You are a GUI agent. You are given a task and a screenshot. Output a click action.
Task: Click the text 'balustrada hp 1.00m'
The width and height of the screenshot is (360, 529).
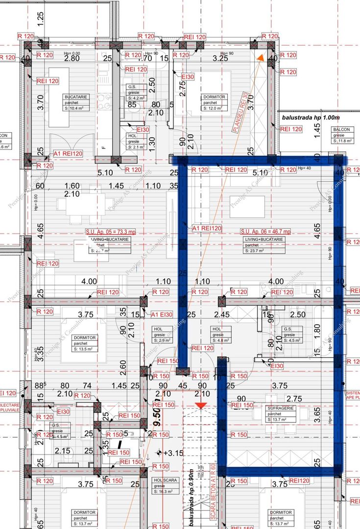(x=311, y=118)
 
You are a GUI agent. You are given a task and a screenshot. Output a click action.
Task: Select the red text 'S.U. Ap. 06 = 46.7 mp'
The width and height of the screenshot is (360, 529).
(x=265, y=231)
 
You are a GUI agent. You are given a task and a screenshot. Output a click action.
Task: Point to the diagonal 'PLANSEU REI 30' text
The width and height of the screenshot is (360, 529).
(x=240, y=112)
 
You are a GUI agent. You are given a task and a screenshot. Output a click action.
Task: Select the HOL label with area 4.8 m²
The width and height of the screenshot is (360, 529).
(x=218, y=335)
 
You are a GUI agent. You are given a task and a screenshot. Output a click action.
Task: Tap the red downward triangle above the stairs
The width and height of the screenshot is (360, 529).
(x=200, y=405)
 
